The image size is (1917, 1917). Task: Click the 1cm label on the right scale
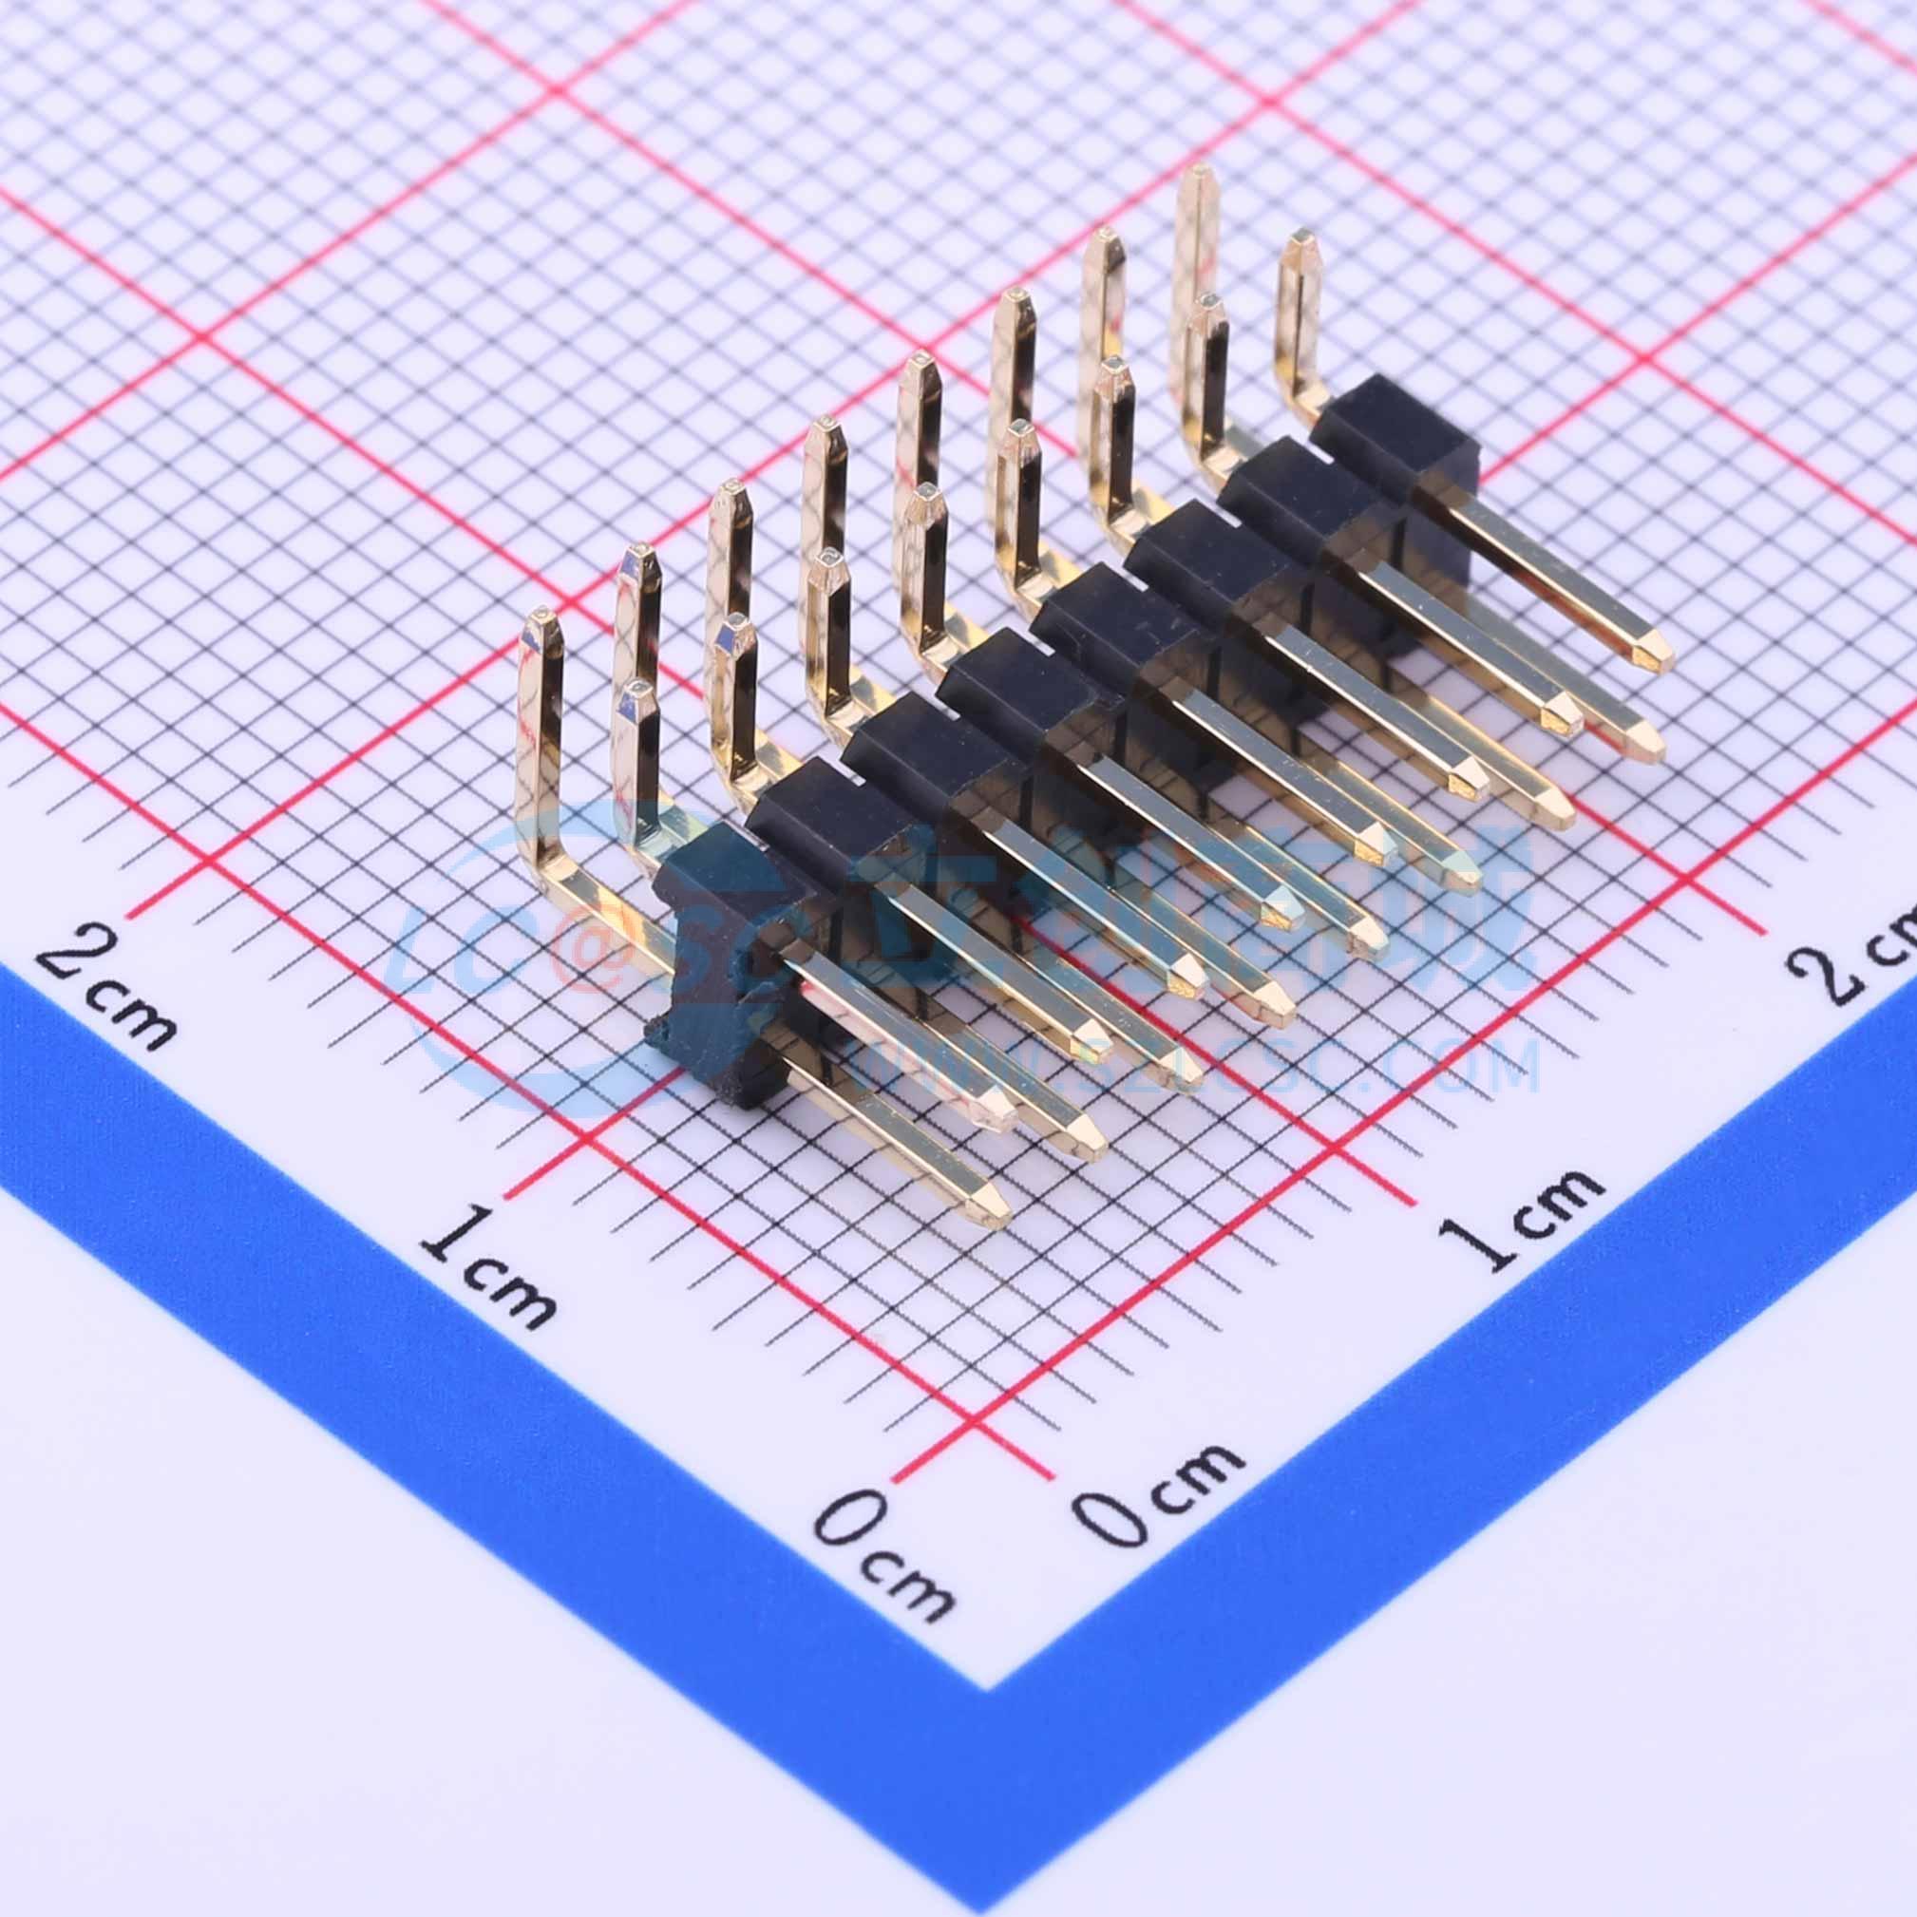(1518, 1217)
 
